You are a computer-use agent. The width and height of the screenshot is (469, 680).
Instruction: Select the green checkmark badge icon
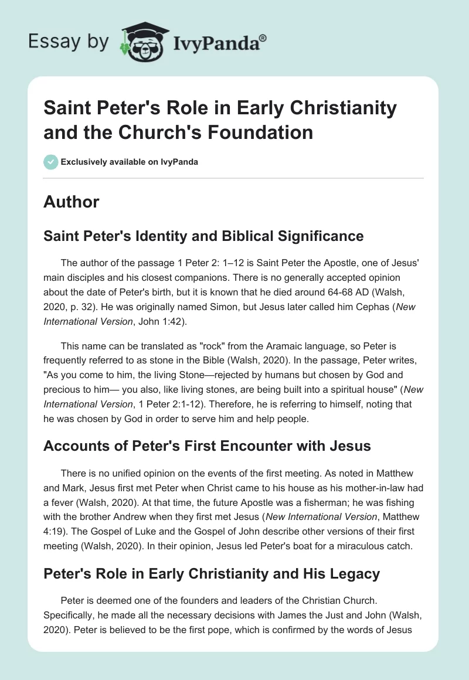click(x=50, y=162)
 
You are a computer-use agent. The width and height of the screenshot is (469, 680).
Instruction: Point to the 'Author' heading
click(x=71, y=202)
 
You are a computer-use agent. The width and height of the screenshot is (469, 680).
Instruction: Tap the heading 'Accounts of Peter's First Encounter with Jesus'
click(x=207, y=446)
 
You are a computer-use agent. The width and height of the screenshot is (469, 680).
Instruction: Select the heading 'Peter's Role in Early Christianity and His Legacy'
click(x=212, y=573)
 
